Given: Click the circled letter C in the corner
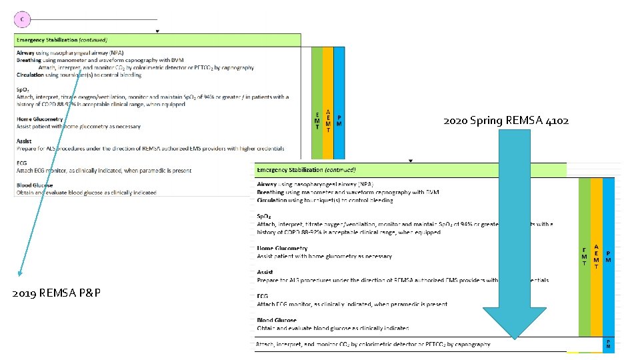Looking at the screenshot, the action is pyautogui.click(x=22, y=19).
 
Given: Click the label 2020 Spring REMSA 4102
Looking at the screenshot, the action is pyautogui.click(x=506, y=121).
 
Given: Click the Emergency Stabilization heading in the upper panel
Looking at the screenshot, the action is pyautogui.click(x=62, y=40).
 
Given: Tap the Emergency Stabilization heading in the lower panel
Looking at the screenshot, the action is pyautogui.click(x=306, y=170).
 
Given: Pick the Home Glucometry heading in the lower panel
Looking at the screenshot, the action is pyautogui.click(x=283, y=249).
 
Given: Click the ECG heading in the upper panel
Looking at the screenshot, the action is pyautogui.click(x=23, y=163).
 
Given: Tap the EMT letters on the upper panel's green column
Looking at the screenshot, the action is pyautogui.click(x=317, y=121).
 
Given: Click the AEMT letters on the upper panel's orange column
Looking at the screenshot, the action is pyautogui.click(x=328, y=121).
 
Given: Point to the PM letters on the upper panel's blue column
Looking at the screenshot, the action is pyautogui.click(x=339, y=120).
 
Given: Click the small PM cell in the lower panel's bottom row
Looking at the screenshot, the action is pyautogui.click(x=608, y=344).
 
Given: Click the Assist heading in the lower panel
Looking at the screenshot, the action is pyautogui.click(x=265, y=272).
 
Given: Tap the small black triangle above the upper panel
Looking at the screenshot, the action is pyautogui.click(x=157, y=31).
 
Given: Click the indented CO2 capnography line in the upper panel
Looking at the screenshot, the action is pyautogui.click(x=146, y=67).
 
